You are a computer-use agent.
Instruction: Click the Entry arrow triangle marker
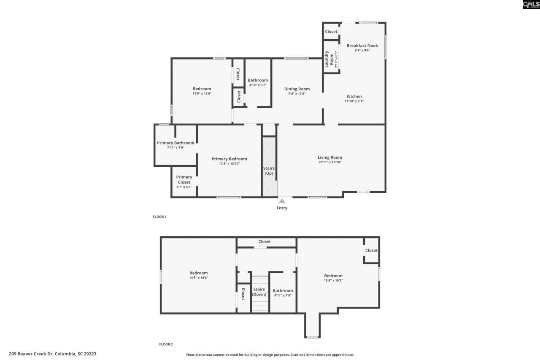(x=282, y=201)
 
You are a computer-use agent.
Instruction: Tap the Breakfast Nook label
(x=362, y=46)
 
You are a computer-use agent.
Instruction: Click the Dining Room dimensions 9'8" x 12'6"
(x=297, y=94)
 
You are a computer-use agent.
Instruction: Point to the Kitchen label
(x=354, y=97)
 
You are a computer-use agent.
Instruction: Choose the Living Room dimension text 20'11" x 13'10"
(x=329, y=162)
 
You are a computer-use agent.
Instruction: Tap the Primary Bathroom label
(x=175, y=143)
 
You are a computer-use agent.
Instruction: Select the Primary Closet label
(x=184, y=180)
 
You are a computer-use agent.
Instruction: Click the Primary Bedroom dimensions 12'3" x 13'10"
(x=229, y=164)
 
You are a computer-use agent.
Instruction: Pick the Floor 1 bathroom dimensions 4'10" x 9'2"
(x=257, y=85)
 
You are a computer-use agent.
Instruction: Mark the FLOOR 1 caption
(x=159, y=217)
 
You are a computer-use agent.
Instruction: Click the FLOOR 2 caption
(x=166, y=344)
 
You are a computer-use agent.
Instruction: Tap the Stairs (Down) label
(x=259, y=292)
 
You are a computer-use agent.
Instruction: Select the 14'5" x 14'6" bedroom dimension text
(x=198, y=277)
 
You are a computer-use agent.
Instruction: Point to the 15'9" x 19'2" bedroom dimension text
(x=333, y=280)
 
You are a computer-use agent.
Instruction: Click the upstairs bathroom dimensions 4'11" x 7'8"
(x=283, y=295)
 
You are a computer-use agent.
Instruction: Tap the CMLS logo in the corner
(x=531, y=5)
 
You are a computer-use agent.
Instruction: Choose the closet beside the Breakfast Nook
(x=331, y=32)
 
